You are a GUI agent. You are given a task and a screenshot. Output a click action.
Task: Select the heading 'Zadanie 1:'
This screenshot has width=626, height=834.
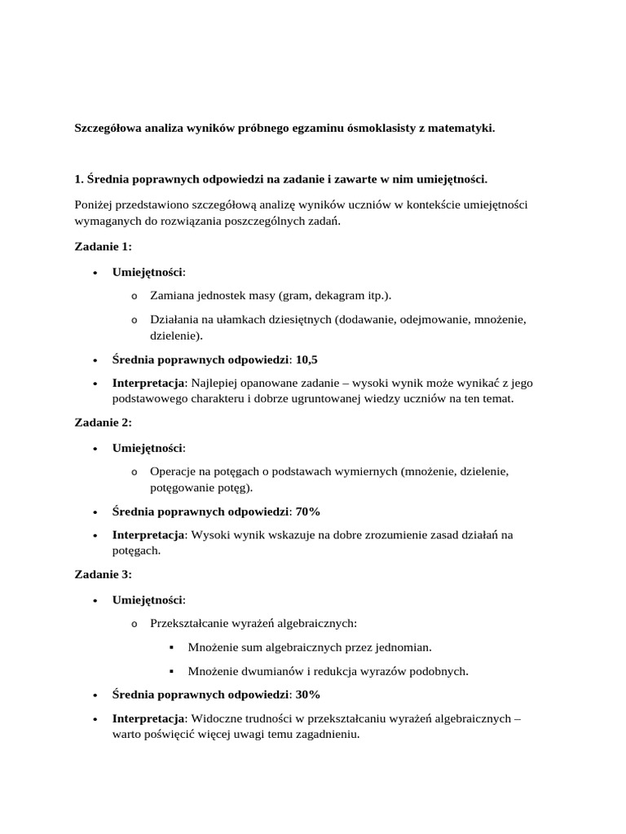(103, 247)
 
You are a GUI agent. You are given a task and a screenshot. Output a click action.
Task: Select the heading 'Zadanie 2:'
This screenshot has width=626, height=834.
(103, 422)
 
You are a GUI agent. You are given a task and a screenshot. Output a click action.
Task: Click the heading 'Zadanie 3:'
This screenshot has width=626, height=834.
(103, 574)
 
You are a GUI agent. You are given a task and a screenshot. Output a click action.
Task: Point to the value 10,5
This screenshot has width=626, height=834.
(306, 359)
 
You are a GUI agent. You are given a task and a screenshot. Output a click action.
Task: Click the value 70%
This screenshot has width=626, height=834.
(308, 511)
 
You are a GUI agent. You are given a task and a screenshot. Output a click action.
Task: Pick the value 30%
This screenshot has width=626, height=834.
(308, 695)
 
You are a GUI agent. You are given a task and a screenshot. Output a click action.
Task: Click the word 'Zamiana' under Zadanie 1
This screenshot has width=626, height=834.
(172, 295)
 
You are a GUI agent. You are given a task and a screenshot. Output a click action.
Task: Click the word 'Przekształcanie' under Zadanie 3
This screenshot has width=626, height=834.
(190, 624)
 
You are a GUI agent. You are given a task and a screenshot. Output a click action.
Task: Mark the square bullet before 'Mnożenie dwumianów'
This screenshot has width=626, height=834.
(172, 671)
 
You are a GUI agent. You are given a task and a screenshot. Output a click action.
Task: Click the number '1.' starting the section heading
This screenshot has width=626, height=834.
(80, 178)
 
